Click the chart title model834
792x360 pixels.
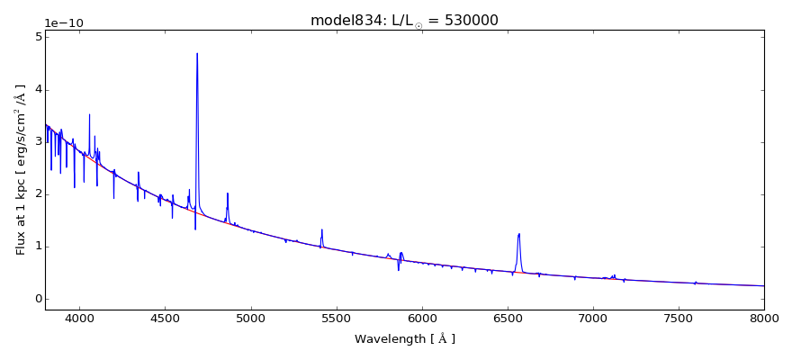(404, 21)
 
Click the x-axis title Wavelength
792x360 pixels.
(404, 339)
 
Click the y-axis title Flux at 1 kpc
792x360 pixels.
(21, 169)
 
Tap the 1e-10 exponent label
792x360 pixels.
(64, 22)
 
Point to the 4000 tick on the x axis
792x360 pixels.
(79, 318)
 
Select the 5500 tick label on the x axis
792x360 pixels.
(337, 318)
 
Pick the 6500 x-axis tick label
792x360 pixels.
(508, 318)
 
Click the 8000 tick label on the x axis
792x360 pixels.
(764, 318)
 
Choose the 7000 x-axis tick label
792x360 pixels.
(593, 318)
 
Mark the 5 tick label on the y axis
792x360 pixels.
(37, 37)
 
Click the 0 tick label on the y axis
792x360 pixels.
(37, 299)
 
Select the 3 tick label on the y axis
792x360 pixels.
(37, 141)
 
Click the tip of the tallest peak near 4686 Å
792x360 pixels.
(197, 53)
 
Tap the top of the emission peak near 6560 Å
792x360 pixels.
(519, 234)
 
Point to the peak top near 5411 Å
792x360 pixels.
(321, 229)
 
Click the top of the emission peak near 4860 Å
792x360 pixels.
(228, 193)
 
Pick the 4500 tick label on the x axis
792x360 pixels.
(165, 318)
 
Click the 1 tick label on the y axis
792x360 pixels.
(37, 247)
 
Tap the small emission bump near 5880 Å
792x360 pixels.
(401, 253)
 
